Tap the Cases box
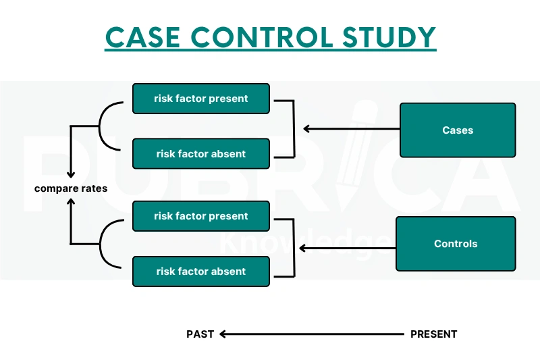[458, 130]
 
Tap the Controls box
[456, 244]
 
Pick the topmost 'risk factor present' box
[201, 99]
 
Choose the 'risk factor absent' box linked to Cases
[201, 154]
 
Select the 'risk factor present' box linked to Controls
[201, 216]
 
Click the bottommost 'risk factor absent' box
[201, 272]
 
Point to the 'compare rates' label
[71, 188]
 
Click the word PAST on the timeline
[200, 334]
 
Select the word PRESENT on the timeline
[433, 334]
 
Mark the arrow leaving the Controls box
[347, 249]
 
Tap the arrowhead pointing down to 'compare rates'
[71, 174]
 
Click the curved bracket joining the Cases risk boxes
[103, 126]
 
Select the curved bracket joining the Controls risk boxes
[103, 244]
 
